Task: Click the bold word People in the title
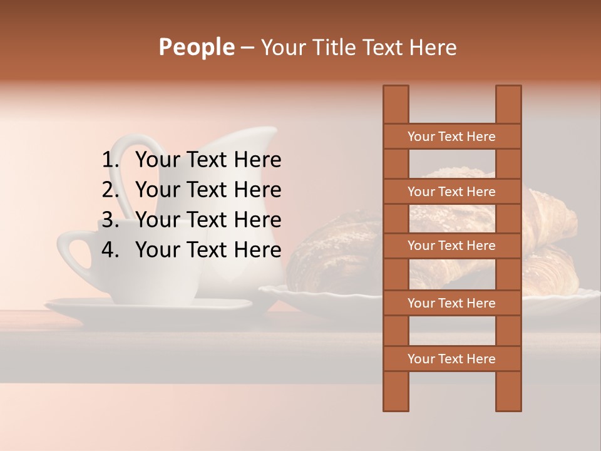pos(196,47)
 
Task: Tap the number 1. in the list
pos(111,160)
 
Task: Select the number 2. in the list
pos(111,190)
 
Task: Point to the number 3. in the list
pos(111,220)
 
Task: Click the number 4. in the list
pos(111,250)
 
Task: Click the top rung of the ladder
pos(451,137)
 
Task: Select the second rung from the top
pos(451,192)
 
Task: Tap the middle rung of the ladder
pos(451,246)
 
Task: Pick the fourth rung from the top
pos(451,303)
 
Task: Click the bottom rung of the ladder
pos(451,359)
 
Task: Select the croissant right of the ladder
pos(551,219)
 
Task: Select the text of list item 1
pos(208,160)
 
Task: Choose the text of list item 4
pos(208,250)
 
